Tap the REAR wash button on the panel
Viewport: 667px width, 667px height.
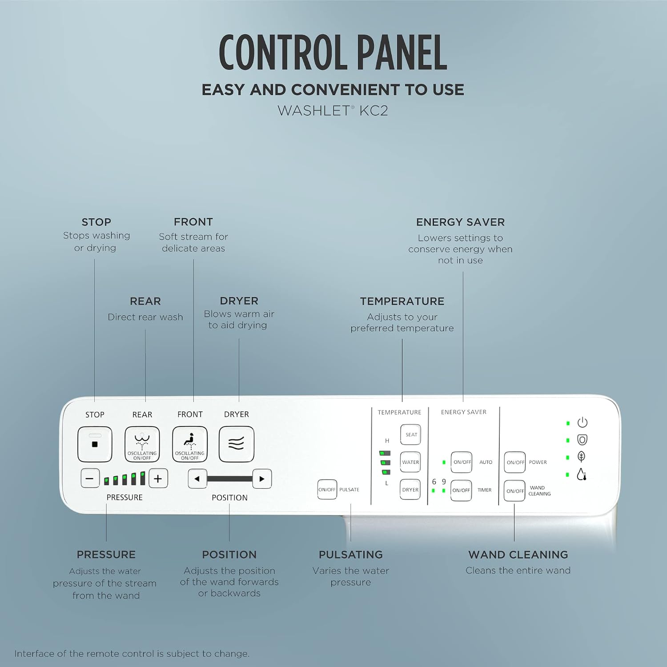pyautogui.click(x=142, y=444)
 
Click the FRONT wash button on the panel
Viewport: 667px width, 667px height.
pyautogui.click(x=190, y=444)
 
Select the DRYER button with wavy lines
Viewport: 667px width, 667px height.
pyautogui.click(x=237, y=444)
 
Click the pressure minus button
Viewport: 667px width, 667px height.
pyautogui.click(x=90, y=478)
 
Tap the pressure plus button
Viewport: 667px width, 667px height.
pyautogui.click(x=158, y=478)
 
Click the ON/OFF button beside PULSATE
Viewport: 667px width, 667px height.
pyautogui.click(x=327, y=490)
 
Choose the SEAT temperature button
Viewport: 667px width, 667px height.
pyautogui.click(x=411, y=434)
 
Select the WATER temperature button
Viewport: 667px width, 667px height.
pyautogui.click(x=410, y=462)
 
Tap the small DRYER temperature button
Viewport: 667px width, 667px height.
pyautogui.click(x=410, y=490)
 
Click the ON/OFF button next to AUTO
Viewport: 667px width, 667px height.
pyautogui.click(x=462, y=462)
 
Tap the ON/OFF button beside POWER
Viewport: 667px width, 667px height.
pyautogui.click(x=515, y=462)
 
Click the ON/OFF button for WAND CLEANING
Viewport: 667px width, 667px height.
pyautogui.click(x=514, y=491)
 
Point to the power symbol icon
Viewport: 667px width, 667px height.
pyautogui.click(x=582, y=422)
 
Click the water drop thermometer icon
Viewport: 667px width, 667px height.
pyautogui.click(x=582, y=474)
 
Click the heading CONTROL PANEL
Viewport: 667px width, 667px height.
pyautogui.click(x=333, y=52)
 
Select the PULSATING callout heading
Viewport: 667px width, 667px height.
pyautogui.click(x=351, y=554)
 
